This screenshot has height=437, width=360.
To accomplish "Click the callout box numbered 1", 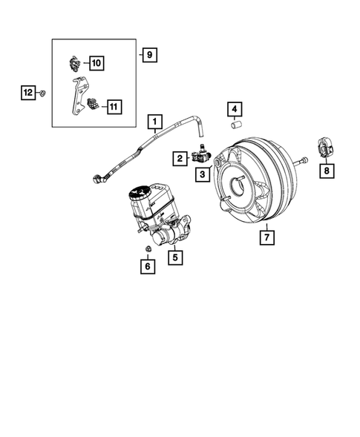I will [x=155, y=121].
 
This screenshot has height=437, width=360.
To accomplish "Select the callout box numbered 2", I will [x=180, y=158].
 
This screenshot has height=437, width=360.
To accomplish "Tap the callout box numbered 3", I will [x=201, y=174].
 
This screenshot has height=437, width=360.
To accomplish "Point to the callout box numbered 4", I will [x=235, y=111].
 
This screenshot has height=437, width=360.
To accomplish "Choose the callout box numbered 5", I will [x=175, y=258].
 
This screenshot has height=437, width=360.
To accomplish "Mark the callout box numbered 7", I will [x=265, y=237].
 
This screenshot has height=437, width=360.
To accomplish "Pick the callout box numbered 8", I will [x=327, y=171].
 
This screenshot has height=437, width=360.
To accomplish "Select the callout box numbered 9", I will [x=149, y=54].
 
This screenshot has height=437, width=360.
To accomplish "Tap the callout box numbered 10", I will [x=97, y=63].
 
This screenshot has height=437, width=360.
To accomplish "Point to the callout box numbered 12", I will [x=27, y=93].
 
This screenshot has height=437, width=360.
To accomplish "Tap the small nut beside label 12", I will [x=43, y=93].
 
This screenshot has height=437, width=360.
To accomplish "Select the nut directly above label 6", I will [x=147, y=248].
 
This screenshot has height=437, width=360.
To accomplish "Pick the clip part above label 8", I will [x=325, y=148].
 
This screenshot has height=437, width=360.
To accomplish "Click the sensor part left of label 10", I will [x=76, y=63].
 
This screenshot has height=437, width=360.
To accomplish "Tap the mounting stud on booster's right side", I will [x=303, y=160].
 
